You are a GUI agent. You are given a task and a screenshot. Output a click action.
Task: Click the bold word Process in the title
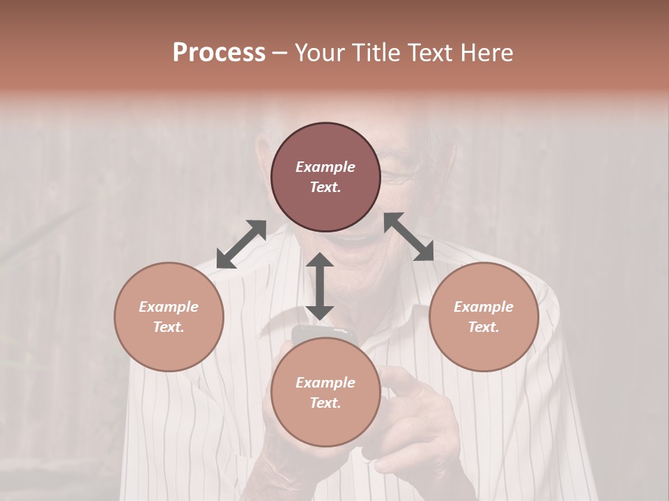click(x=219, y=52)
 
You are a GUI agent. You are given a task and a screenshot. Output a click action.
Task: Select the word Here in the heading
click(x=486, y=52)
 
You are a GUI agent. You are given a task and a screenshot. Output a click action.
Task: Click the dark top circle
click(x=325, y=177)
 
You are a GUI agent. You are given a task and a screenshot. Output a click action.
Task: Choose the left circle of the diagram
click(x=169, y=317)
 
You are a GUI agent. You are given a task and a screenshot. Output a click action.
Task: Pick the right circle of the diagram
click(x=484, y=317)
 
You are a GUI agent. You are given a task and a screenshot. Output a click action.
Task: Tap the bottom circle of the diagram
click(x=325, y=392)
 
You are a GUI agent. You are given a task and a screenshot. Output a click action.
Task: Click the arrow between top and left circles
click(x=241, y=244)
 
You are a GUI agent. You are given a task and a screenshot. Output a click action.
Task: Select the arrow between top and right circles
click(x=409, y=237)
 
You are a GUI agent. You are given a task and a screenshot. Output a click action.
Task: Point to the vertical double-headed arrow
click(x=320, y=286)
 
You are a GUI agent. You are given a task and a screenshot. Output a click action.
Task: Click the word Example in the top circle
click(x=325, y=167)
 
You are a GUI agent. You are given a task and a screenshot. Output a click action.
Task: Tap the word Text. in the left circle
click(x=169, y=327)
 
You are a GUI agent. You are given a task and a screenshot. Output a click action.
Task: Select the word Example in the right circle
click(x=484, y=307)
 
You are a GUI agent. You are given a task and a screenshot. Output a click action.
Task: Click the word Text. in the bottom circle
click(x=325, y=403)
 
